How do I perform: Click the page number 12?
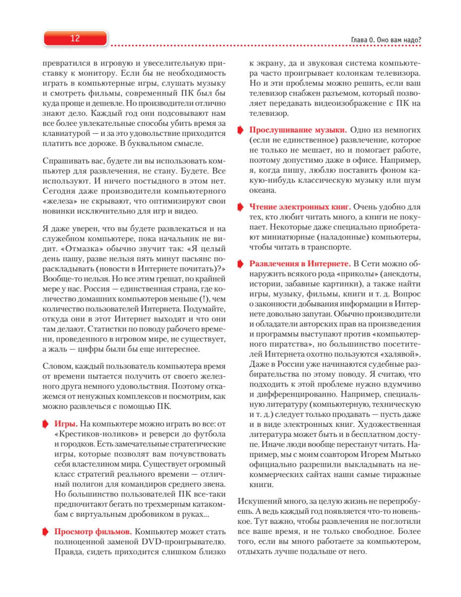pyautogui.click(x=75, y=39)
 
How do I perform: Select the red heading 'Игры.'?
pyautogui.click(x=66, y=424)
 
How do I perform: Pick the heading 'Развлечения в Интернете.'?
pyautogui.click(x=300, y=263)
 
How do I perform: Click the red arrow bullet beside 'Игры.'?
pyautogui.click(x=46, y=424)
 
